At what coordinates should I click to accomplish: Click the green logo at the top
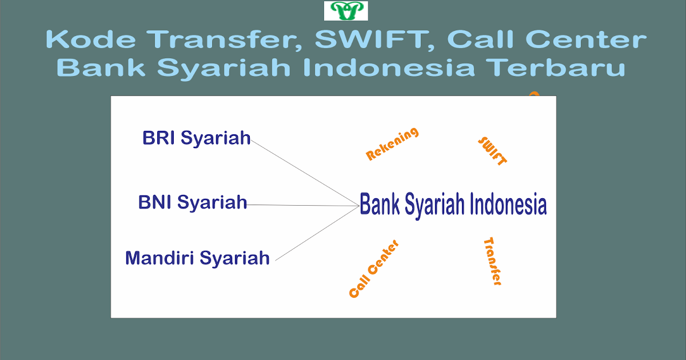pos(346,11)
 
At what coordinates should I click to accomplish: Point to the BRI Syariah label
pos(196,138)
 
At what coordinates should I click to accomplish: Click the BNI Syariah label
pos(193,202)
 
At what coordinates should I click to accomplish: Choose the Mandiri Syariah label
pos(197,258)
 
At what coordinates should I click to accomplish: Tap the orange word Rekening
pos(392,144)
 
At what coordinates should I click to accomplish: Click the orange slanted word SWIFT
pos(492,151)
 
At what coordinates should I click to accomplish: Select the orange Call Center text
pos(373,269)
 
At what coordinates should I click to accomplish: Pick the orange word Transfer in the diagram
pos(492,261)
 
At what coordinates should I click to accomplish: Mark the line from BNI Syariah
pos(303,205)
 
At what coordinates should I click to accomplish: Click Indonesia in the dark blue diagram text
pos(508,205)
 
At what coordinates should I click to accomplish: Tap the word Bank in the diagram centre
pos(380,205)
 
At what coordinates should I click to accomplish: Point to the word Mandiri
pos(159,258)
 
